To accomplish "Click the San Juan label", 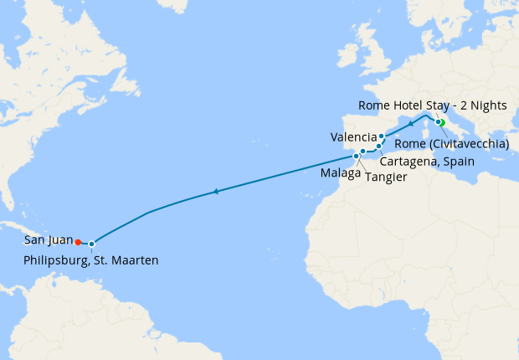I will point(48,239).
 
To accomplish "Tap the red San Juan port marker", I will point(78,243).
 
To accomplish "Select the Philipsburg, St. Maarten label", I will point(91,260).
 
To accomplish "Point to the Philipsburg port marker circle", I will point(91,244).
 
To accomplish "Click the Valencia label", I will point(352,136).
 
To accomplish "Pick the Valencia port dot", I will point(382,136).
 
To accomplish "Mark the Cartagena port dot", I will point(378,147).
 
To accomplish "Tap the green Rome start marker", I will point(441,123).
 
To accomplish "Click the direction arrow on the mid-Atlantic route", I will point(216,192).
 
